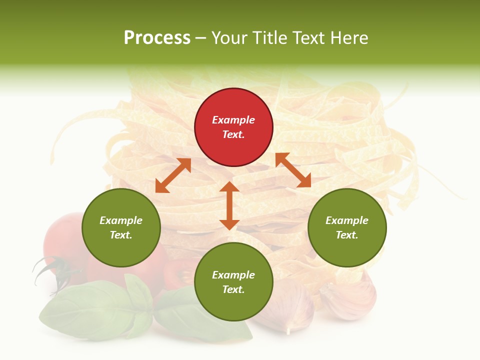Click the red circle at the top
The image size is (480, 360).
coord(233,127)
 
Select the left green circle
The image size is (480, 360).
coord(121,227)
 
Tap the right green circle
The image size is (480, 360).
coord(347,227)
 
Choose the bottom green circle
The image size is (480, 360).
coord(233,282)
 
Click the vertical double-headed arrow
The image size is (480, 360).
coord(229,205)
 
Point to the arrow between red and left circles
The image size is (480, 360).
coord(173,175)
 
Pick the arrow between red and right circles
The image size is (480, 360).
coord(293,170)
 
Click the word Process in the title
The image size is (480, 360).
coord(157,38)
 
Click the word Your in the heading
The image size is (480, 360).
coord(229,38)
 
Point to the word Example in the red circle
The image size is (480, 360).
coord(233,120)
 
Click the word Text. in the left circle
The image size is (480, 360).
coord(121,235)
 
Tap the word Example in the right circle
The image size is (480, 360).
coord(347,220)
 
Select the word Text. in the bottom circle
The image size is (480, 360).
coord(233,289)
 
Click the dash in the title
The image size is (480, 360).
coord(201,38)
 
